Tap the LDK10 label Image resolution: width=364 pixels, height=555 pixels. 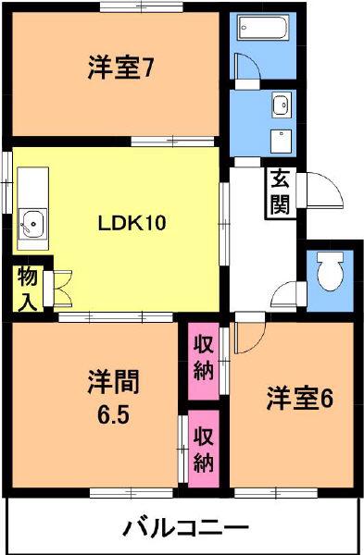132,223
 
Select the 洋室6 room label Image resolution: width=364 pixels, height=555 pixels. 300,399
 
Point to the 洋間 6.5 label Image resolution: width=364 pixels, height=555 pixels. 114,397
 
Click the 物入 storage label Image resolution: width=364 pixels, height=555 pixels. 27,290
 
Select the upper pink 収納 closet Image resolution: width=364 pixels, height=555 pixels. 203,361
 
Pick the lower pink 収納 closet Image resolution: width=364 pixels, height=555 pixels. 204,450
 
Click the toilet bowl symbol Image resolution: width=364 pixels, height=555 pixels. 331,271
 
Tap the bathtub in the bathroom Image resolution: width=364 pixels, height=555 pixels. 263,27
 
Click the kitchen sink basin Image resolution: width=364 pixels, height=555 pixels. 32,224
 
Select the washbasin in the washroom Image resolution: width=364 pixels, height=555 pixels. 282,104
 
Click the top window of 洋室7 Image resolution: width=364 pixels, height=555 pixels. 141,6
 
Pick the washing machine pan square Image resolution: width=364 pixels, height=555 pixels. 282,142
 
